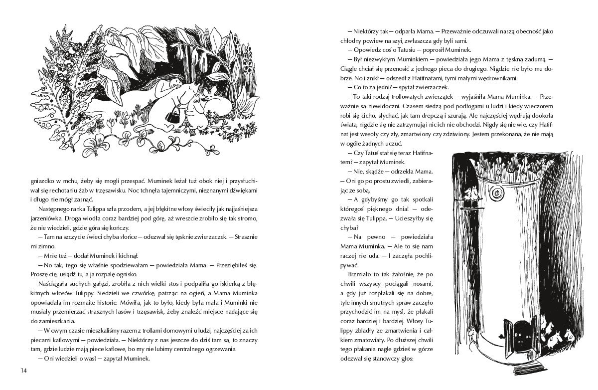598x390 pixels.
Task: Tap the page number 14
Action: (23, 370)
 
